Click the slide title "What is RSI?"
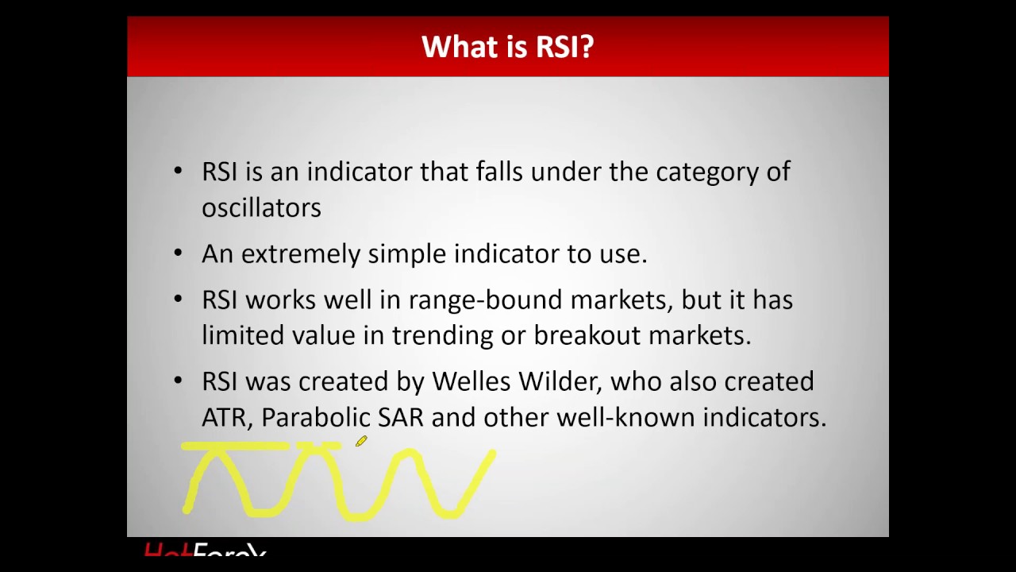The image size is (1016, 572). (x=507, y=47)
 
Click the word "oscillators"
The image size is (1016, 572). (x=261, y=207)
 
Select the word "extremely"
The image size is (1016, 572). (x=301, y=254)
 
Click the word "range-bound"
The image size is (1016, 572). (x=486, y=300)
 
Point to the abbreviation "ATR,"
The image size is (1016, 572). (x=227, y=417)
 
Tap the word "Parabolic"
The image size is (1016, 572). (x=315, y=417)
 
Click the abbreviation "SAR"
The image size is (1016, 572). (x=400, y=417)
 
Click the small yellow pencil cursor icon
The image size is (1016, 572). (x=361, y=441)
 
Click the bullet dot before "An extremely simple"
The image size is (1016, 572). (x=178, y=253)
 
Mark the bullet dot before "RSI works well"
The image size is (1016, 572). (x=178, y=300)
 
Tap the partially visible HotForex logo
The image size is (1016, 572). (x=205, y=549)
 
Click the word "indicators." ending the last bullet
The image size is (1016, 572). (x=764, y=417)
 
